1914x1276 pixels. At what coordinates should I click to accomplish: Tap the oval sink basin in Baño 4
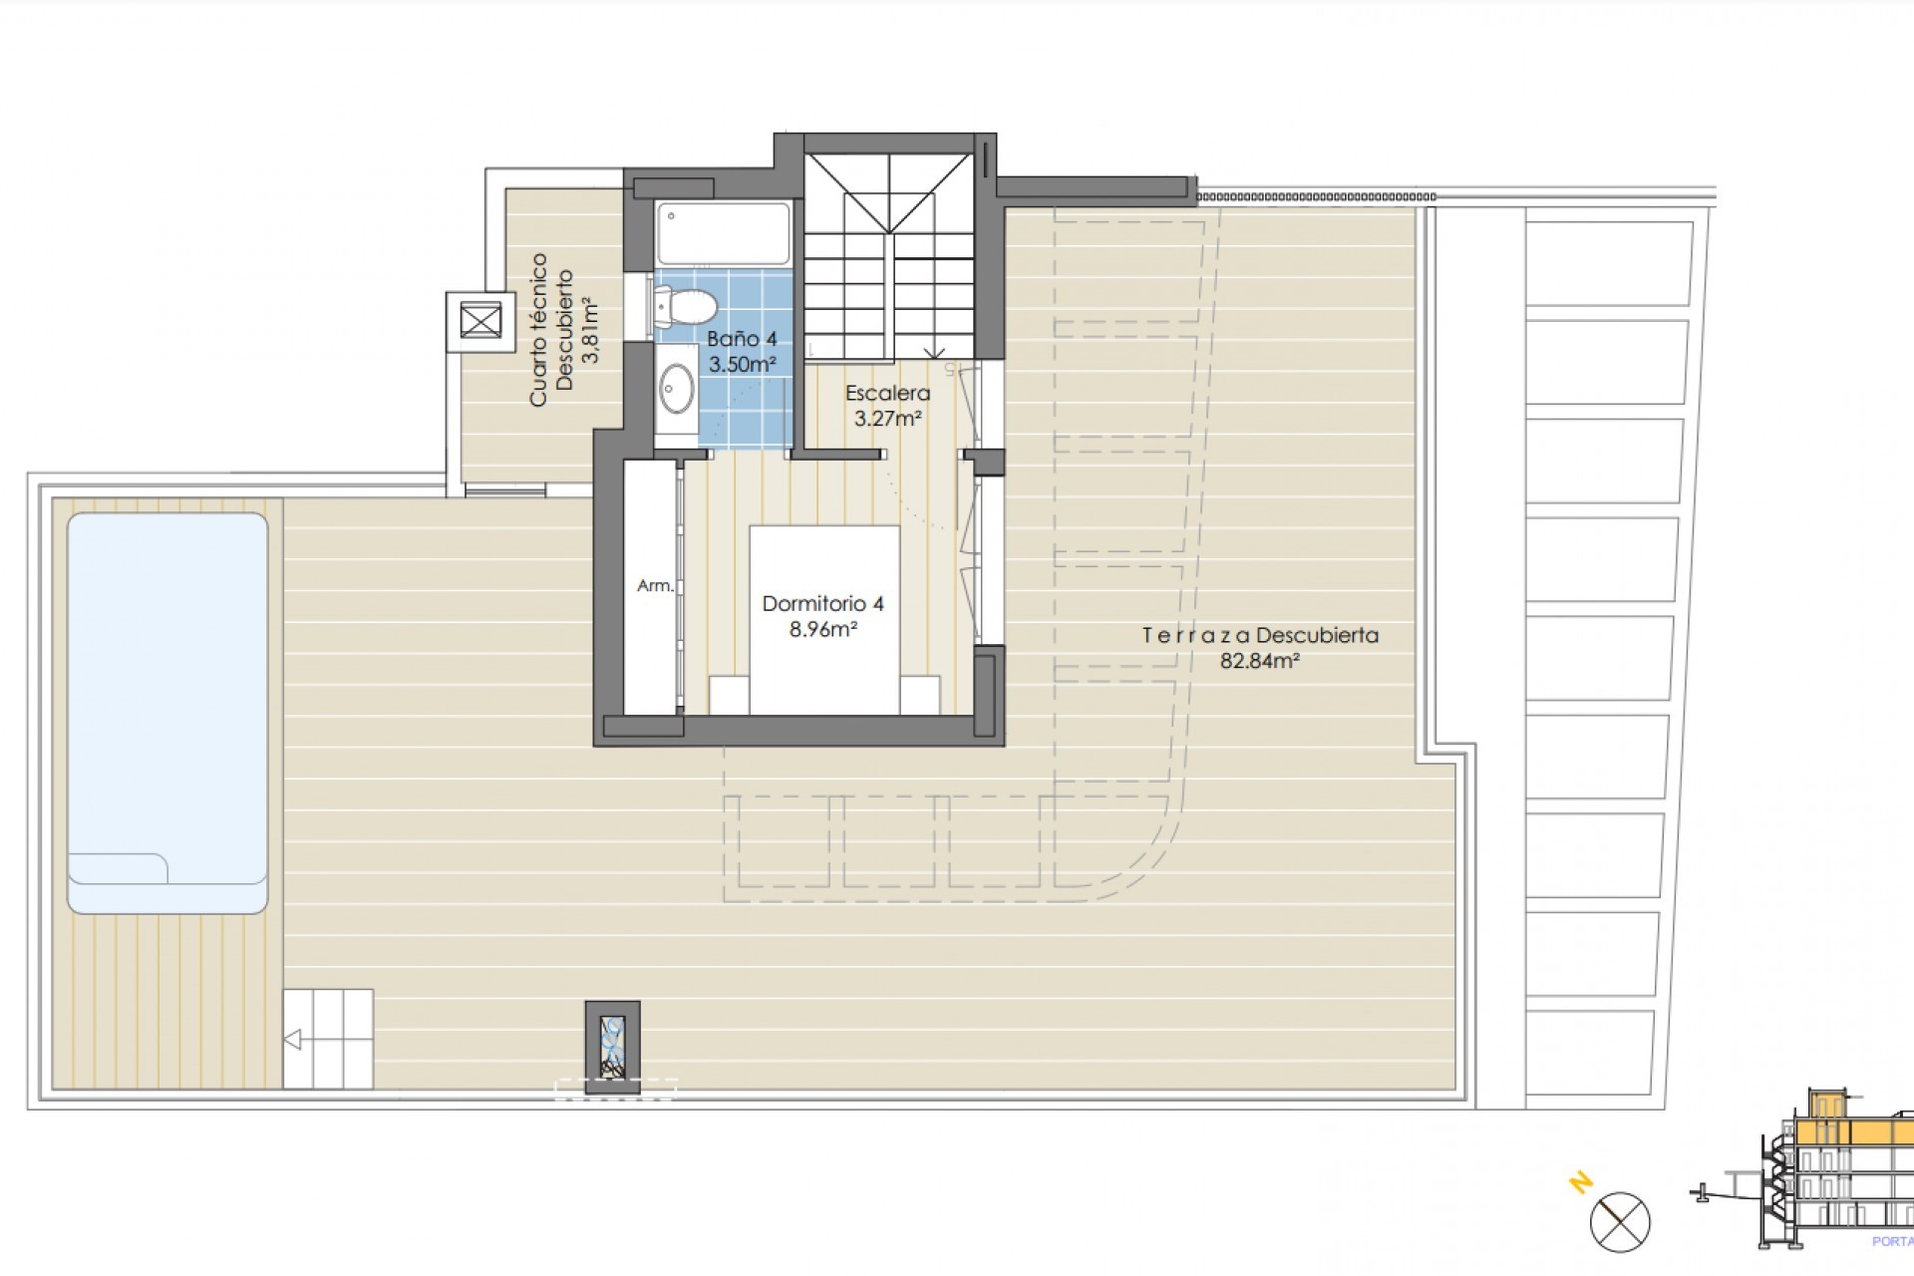679,386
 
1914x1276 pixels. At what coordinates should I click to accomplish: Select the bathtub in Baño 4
724,233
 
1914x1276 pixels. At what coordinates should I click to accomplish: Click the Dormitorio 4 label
822,603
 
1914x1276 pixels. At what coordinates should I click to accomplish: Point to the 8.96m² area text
823,629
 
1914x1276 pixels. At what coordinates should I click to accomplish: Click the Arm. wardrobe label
655,586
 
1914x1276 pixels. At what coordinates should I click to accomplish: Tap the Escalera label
887,393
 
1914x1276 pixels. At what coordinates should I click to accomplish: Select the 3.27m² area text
887,419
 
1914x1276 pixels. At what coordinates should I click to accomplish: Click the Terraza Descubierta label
1260,635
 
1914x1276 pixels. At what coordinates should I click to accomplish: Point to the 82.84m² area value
1260,660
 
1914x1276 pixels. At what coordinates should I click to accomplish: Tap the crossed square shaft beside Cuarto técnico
480,322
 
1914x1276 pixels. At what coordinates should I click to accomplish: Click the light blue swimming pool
167,698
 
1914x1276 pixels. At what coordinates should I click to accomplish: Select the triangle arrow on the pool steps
292,1041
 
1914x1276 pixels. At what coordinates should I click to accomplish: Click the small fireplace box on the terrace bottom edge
612,1047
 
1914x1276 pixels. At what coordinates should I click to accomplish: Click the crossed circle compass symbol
1620,1221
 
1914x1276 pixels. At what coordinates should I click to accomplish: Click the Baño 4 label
742,339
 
